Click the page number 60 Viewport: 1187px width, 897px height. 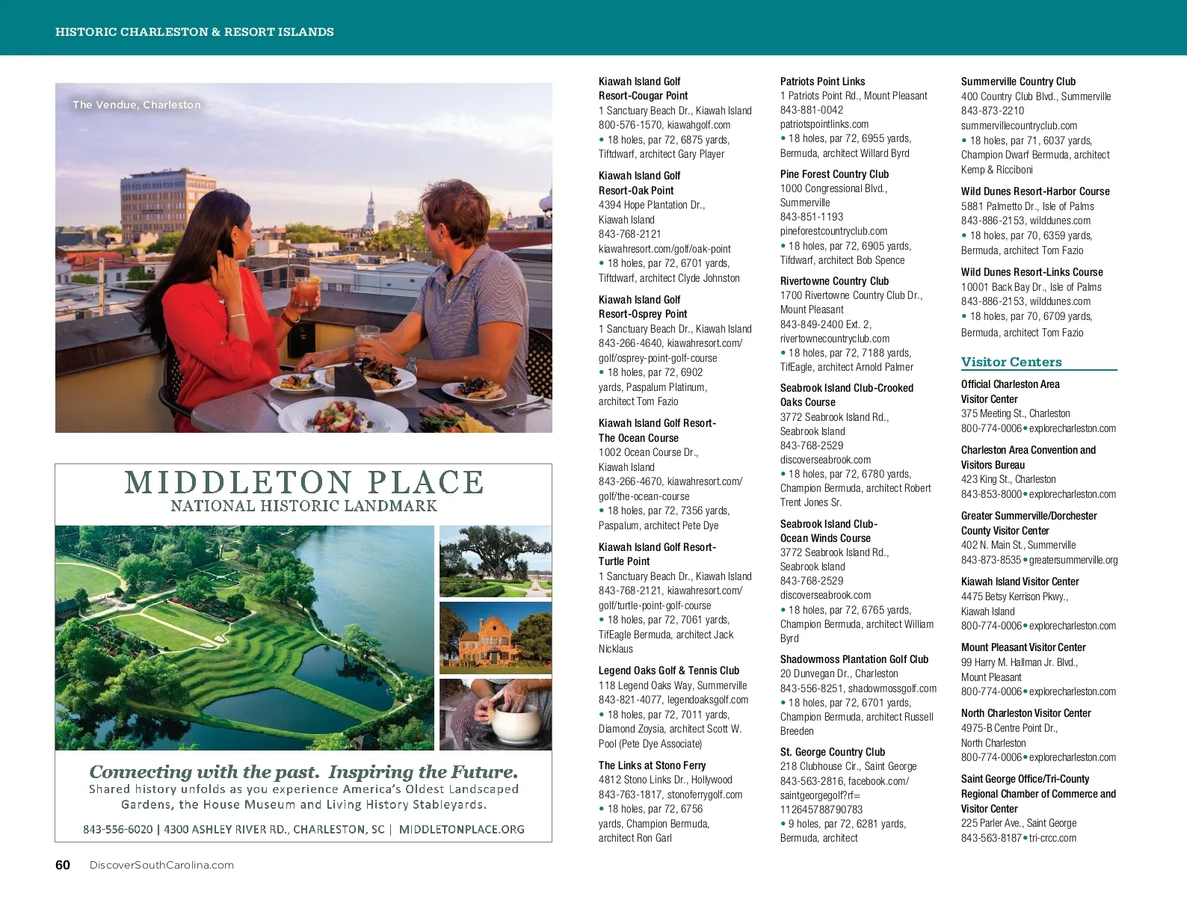click(x=63, y=865)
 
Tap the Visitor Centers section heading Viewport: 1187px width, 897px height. click(x=1011, y=362)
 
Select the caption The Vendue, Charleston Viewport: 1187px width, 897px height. click(x=137, y=105)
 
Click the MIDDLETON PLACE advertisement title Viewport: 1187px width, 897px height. click(x=303, y=482)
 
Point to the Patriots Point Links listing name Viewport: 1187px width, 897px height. click(x=822, y=81)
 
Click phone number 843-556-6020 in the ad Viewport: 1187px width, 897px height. click(x=118, y=829)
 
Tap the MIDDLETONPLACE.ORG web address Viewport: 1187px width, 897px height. click(x=461, y=829)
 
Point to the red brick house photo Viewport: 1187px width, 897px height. click(x=495, y=638)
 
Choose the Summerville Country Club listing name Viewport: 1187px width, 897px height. click(x=1018, y=81)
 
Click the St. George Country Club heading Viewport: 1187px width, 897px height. click(x=832, y=752)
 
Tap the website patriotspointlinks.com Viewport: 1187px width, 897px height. click(x=824, y=124)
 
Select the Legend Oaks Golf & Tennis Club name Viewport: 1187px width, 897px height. click(x=668, y=671)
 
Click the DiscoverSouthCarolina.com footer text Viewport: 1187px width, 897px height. click(x=161, y=865)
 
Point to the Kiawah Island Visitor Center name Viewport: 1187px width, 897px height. click(x=1020, y=582)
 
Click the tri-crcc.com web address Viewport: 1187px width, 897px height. click(x=1052, y=838)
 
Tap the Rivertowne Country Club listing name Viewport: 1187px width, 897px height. click(x=834, y=281)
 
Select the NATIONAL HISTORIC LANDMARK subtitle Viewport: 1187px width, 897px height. click(x=303, y=506)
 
